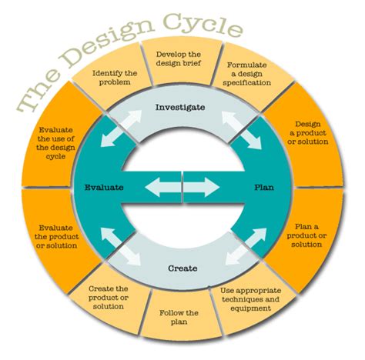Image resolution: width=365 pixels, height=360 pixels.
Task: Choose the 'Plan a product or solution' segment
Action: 312,235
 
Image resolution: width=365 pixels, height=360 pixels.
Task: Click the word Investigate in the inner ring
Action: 181,107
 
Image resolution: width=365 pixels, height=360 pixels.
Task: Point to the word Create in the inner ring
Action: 182,268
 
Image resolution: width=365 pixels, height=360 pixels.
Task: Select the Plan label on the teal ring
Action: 263,187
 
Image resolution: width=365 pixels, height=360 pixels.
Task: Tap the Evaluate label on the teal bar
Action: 104,187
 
